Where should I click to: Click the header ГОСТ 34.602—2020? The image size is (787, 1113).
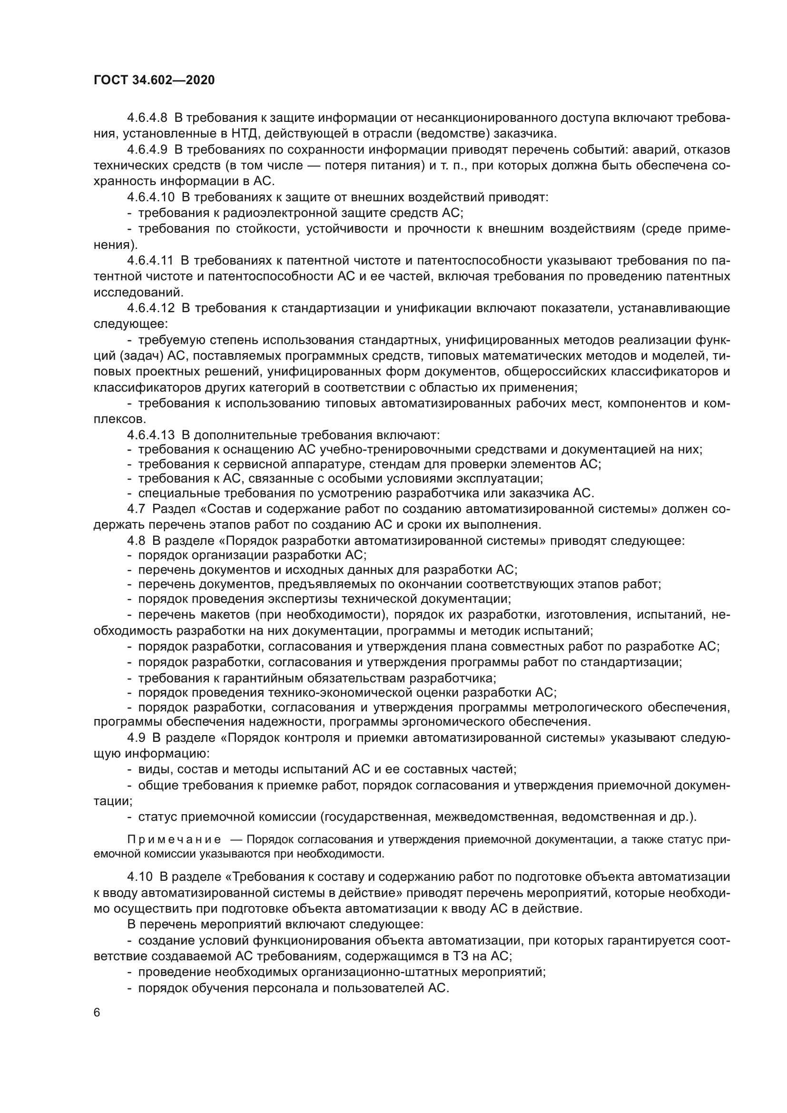(154, 80)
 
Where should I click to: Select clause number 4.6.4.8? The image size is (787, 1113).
(148, 118)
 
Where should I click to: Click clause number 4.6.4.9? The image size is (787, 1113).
(148, 150)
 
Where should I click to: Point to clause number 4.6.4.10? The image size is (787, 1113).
(151, 197)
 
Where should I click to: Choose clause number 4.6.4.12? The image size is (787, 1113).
(151, 308)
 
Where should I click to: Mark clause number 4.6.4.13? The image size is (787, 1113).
(151, 435)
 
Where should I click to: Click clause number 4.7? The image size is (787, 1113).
(136, 509)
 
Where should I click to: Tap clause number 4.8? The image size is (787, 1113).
(136, 541)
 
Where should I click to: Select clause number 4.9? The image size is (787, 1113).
(136, 738)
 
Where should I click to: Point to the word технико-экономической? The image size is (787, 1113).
(337, 692)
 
